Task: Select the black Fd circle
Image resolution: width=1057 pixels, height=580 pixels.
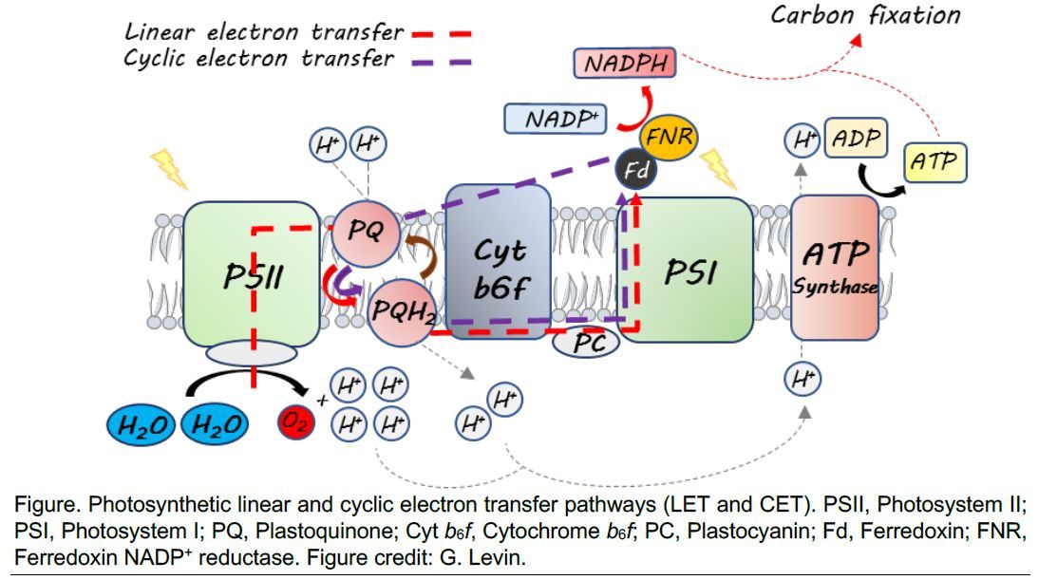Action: click(x=632, y=171)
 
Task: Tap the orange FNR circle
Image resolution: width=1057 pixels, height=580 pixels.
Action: click(x=669, y=140)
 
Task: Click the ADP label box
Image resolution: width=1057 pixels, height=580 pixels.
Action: click(x=856, y=140)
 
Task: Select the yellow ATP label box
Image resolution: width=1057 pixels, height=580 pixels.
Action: click(x=934, y=162)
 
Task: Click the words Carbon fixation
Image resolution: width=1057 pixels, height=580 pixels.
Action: click(x=865, y=15)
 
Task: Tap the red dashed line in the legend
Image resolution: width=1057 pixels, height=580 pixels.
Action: click(x=441, y=34)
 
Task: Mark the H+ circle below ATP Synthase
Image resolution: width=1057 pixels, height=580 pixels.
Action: click(x=802, y=380)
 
